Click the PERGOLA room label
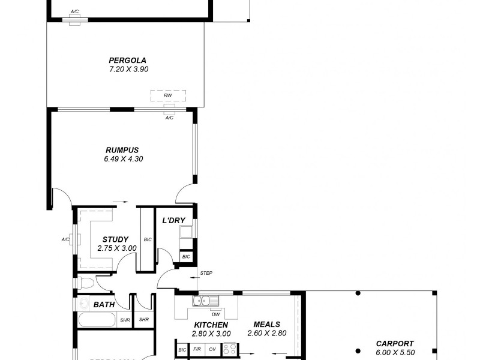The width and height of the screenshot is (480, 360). coord(127,60)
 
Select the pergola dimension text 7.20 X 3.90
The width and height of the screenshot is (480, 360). coord(128,69)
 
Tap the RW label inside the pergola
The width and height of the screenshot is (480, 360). coord(168,95)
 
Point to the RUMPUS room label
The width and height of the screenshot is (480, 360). coord(122,150)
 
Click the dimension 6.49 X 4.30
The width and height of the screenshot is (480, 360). coord(123,159)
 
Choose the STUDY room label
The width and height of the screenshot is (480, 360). coord(115,239)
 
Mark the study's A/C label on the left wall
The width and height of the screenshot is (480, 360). coord(65,239)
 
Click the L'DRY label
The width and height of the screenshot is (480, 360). coord(173,220)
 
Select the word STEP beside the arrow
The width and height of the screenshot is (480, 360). coord(206,274)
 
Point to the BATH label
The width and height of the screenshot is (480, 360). coord(104,305)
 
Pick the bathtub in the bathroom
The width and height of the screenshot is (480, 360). coord(97,320)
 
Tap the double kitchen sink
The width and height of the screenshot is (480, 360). coord(200,301)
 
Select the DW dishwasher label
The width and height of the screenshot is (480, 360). coord(214,314)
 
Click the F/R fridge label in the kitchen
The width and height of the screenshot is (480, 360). coord(197,349)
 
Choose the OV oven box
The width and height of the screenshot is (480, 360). coord(212,349)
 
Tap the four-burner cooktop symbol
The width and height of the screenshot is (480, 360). coord(229,348)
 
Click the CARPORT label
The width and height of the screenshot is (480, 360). coord(394,344)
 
